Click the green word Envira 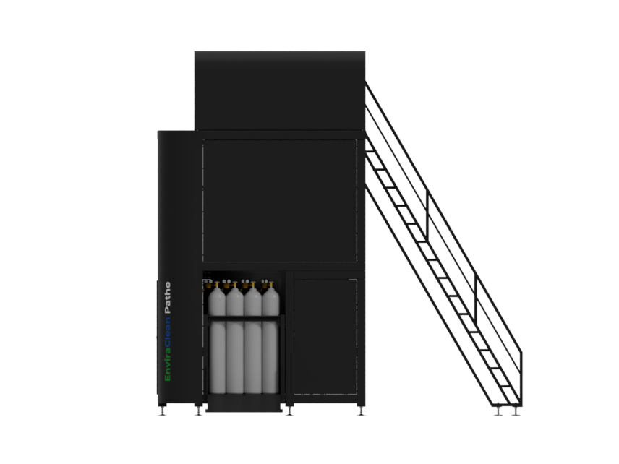point(167,366)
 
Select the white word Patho point(167,298)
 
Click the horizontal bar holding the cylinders point(244,318)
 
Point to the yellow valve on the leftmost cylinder point(216,285)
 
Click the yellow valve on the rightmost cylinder point(270,285)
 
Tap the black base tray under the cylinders point(244,403)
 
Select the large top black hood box point(280,91)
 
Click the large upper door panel point(280,200)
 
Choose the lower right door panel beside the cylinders point(325,337)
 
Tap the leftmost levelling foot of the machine point(162,411)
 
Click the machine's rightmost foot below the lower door point(361,411)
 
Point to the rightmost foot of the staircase point(516,411)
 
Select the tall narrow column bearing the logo point(177,268)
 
